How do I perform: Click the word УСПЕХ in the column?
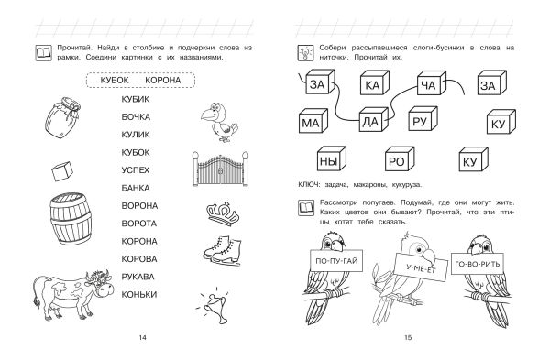click(x=136, y=170)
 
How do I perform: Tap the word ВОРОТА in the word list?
click(x=139, y=224)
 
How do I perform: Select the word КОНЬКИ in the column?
click(x=139, y=295)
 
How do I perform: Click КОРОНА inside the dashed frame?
click(x=163, y=81)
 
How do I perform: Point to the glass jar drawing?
click(x=62, y=117)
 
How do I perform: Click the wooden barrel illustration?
click(x=71, y=218)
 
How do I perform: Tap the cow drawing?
click(x=73, y=294)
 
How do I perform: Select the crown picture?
click(x=223, y=213)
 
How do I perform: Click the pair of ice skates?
click(x=223, y=249)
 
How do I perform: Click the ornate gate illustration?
click(x=220, y=169)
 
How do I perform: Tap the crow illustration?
click(x=219, y=122)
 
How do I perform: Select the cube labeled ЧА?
click(x=431, y=83)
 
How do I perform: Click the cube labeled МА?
click(x=313, y=121)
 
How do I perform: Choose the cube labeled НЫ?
click(x=331, y=158)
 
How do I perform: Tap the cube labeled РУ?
click(x=423, y=119)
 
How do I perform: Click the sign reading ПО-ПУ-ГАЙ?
click(x=336, y=261)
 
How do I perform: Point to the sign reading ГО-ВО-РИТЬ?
click(x=477, y=264)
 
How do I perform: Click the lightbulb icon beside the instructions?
click(x=305, y=53)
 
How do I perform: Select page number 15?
click(x=408, y=338)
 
